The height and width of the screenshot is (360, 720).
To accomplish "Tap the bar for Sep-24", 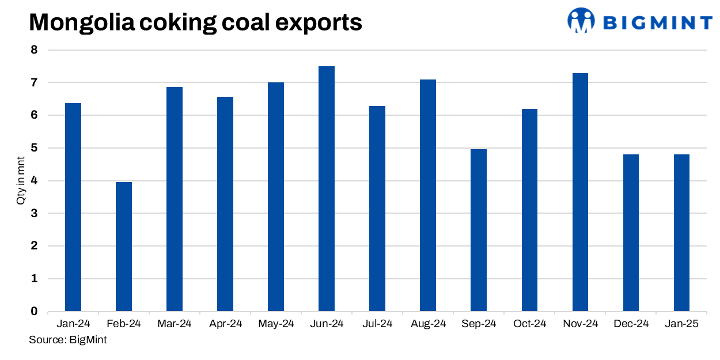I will coord(479,230).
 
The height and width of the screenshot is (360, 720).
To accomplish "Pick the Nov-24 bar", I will coord(580,192).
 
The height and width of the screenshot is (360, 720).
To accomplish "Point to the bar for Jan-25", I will coord(681,233).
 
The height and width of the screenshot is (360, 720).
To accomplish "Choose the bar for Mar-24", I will coord(175,199).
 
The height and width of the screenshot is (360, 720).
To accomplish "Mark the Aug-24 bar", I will coord(428,195).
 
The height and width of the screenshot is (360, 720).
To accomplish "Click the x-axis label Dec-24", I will coord(631,324).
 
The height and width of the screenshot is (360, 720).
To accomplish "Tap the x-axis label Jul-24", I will coord(377,324).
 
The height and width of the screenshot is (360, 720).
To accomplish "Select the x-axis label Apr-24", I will coord(225,324).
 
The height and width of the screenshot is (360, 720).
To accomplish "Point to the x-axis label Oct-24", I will coord(529,324).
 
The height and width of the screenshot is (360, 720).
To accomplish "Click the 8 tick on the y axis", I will coord(34,50).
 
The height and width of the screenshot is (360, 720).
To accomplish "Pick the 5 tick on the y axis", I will coord(34,148).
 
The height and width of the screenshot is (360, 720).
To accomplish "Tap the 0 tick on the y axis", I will coord(34,312).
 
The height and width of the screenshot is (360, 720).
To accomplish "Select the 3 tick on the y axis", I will coord(34,214).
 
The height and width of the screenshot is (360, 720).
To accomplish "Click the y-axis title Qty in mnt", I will coord(21,181).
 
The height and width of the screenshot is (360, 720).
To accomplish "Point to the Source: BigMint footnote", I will coord(68,340).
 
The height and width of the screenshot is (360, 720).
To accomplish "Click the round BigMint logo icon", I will coord(581,20).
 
